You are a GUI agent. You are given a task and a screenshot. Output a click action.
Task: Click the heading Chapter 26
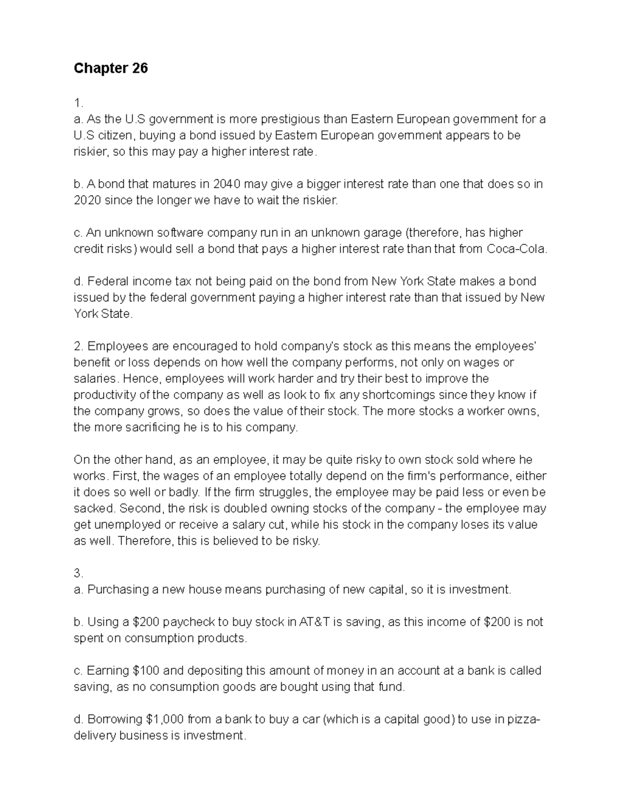[111, 68]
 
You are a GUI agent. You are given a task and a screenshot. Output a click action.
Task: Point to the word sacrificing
[159, 427]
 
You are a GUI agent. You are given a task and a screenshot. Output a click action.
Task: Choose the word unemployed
[127, 524]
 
